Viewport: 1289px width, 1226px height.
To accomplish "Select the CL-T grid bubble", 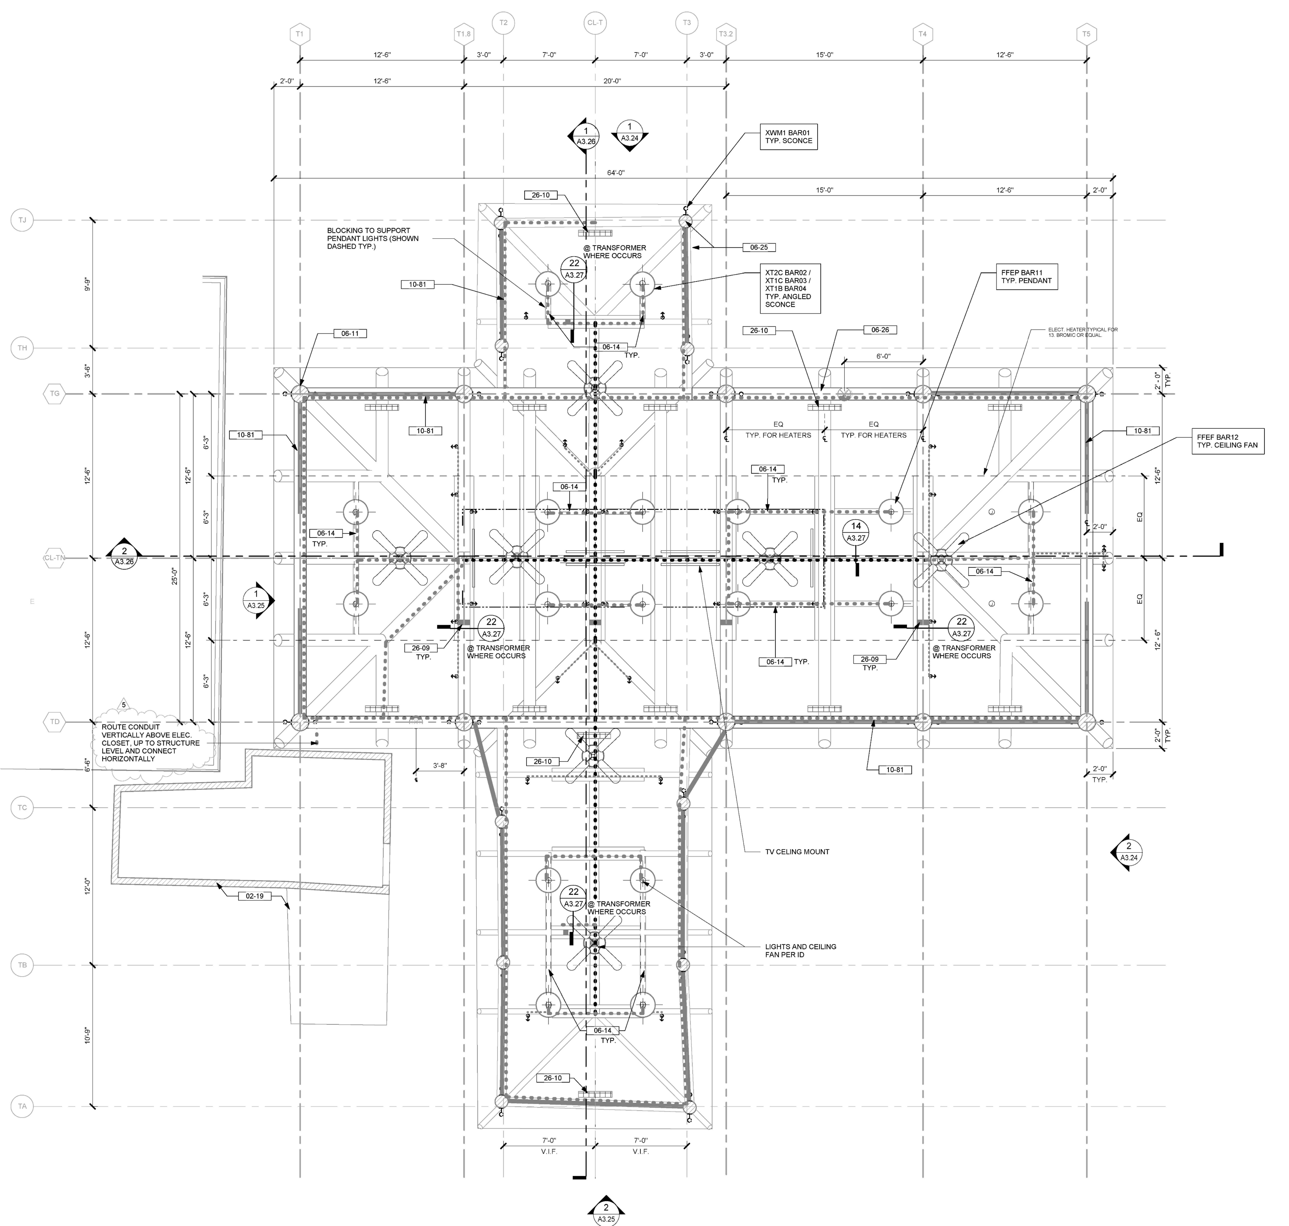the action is (594, 23).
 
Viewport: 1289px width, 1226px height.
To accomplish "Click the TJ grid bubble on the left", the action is (22, 220).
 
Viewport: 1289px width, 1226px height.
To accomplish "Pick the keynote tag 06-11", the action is (350, 333).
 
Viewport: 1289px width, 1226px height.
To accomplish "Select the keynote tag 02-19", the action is (254, 896).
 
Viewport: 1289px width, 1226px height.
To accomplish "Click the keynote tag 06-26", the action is (880, 330).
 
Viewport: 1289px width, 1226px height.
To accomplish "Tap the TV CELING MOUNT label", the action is (796, 851).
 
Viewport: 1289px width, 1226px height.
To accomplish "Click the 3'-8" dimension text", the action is (440, 765).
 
